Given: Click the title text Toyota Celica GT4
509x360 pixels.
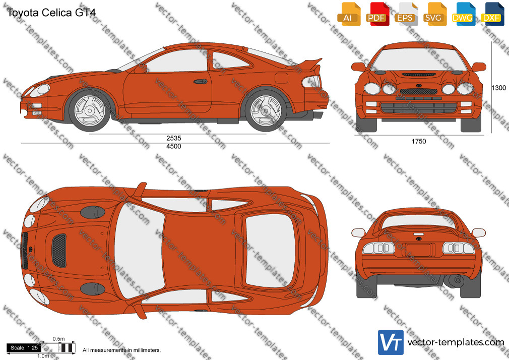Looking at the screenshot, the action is (x=51, y=13).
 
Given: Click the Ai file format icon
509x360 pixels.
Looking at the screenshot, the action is (x=349, y=14).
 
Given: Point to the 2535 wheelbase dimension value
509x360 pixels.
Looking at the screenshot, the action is (x=174, y=138).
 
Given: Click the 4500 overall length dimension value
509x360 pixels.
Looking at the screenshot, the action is (x=174, y=146).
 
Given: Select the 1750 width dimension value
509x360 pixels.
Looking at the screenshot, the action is (x=419, y=141).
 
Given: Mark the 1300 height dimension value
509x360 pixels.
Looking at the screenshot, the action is (x=498, y=88).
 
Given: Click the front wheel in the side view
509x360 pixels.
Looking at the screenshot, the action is (x=90, y=110).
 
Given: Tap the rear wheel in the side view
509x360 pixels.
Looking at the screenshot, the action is (x=266, y=111).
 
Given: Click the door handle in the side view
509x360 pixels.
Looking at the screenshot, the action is (x=201, y=81).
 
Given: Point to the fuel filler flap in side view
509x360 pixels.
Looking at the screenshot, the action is (x=281, y=78).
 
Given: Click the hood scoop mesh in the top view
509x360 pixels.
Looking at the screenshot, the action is (x=59, y=251).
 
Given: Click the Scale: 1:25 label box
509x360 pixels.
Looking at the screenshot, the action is (x=24, y=348).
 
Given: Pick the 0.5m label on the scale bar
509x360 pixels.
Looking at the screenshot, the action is (x=59, y=339).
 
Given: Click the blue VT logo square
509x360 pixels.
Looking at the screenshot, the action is (x=391, y=342).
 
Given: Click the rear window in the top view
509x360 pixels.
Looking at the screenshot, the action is (x=270, y=251).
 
